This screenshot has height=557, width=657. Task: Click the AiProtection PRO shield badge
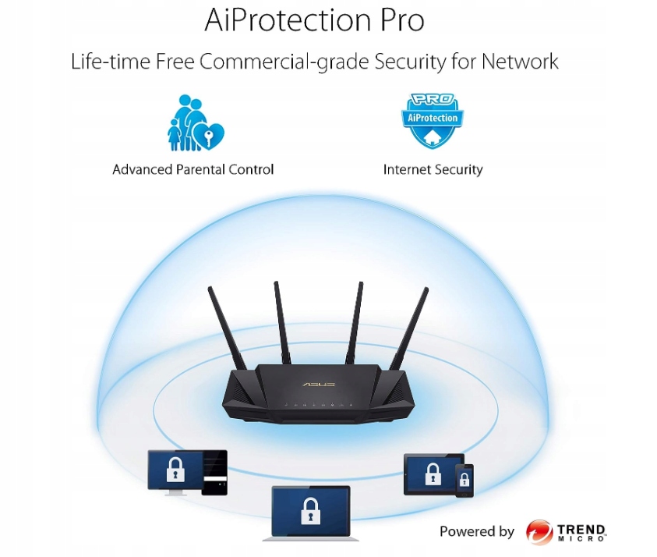432,121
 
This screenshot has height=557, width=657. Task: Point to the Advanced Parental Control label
193,169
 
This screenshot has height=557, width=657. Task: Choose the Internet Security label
433,169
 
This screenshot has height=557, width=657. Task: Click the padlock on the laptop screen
310,510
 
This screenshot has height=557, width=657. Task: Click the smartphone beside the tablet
464,480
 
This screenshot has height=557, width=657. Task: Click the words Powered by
477,532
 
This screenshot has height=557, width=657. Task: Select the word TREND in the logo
581,529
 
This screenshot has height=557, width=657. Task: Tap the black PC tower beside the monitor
214,472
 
